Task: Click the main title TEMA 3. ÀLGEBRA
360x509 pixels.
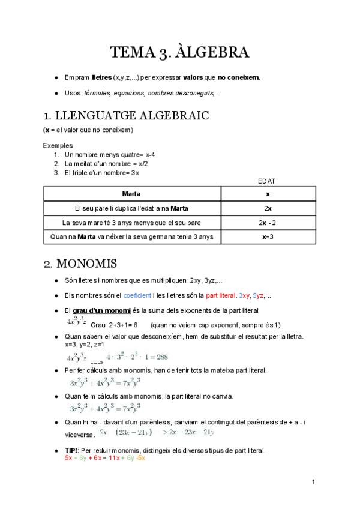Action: [179, 53]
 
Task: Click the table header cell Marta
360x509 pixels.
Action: [131, 194]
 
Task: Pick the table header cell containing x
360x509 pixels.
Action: [268, 194]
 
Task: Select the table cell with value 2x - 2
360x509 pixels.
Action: [268, 223]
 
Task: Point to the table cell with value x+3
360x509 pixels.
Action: [268, 237]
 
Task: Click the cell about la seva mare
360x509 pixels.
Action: [131, 223]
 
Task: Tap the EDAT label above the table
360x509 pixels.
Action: [267, 181]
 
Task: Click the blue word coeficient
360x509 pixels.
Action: [137, 295]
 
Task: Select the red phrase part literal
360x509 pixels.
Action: [220, 295]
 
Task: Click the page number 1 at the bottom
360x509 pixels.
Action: [314, 482]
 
